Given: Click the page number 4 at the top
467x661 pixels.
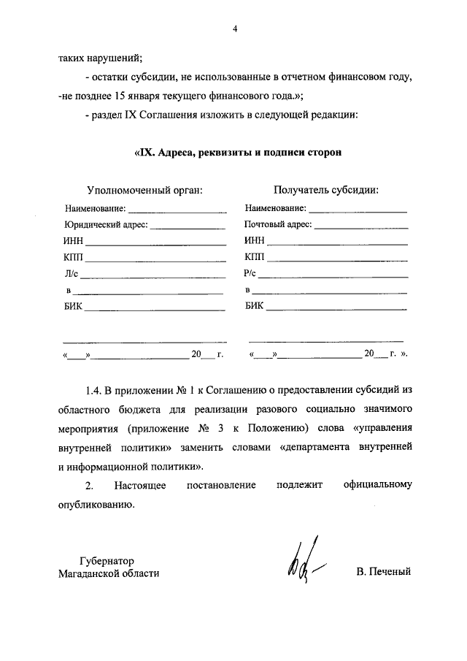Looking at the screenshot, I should (234, 29).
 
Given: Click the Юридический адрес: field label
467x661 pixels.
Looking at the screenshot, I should (105, 225).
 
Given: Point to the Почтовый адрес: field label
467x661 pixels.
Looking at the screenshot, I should (279, 225).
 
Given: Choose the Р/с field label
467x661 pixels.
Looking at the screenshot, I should (251, 275).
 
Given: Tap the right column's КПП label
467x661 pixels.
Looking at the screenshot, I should (255, 259).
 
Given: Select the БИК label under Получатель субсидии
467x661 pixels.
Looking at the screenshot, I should (255, 308).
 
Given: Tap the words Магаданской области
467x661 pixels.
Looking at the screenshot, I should (109, 573).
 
